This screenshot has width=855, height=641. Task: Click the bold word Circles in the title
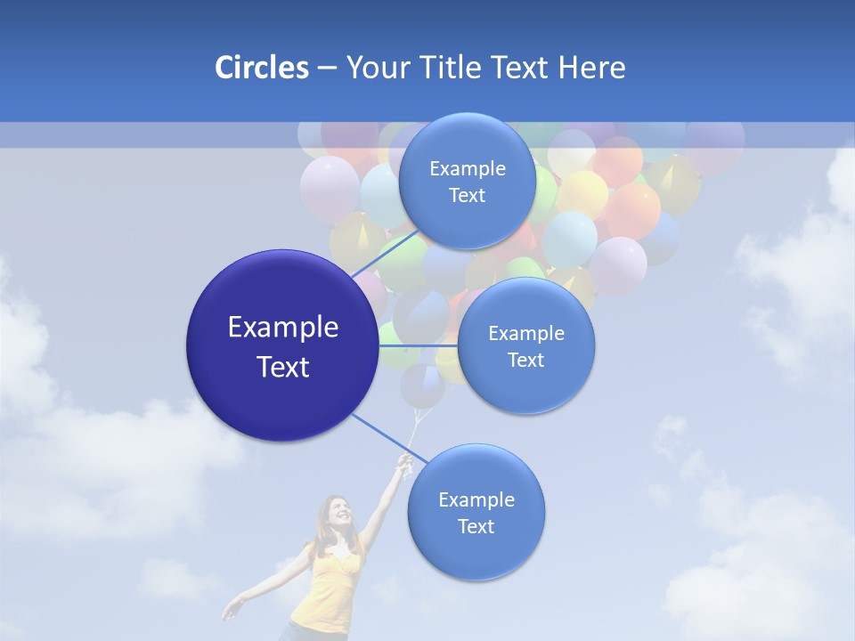261,68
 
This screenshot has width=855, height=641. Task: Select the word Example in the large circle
283,328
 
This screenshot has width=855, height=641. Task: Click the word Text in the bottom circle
476,527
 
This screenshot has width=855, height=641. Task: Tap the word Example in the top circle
467,168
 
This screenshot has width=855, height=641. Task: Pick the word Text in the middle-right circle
525,360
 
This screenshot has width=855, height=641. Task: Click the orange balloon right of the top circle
634,210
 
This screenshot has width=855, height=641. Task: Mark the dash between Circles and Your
326,69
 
